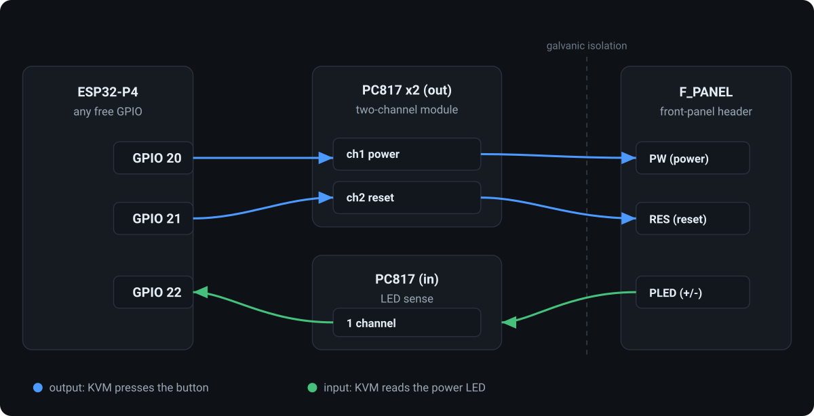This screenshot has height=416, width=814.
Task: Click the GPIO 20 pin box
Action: coord(153,158)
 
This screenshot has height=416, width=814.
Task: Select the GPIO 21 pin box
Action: coord(153,219)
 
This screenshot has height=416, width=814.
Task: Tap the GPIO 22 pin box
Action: coord(153,292)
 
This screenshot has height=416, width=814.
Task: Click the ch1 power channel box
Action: coord(406,154)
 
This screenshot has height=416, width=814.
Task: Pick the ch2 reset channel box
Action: coord(406,197)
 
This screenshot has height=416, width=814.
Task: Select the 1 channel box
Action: coord(406,323)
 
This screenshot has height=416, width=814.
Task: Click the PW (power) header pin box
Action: coord(693,158)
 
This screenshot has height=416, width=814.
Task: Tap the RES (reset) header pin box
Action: coord(693,219)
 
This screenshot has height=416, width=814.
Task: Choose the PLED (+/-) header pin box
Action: coord(693,292)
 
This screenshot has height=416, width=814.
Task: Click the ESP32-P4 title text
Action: coord(108,92)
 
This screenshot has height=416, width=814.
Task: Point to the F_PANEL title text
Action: coord(705,92)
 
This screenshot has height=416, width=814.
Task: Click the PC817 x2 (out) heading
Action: coord(406,90)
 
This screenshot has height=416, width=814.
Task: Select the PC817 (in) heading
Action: coord(406,279)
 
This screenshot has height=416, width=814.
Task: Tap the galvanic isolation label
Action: coord(587,46)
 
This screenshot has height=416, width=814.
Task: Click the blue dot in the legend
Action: coord(38,388)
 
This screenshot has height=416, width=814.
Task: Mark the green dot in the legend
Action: coord(312,388)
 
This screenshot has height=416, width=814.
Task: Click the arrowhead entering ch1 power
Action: coord(326,158)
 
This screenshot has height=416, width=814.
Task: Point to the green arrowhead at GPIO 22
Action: coord(201,292)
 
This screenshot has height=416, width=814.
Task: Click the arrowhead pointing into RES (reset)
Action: coord(629,219)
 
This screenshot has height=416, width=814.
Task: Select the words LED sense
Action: coord(406,299)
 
